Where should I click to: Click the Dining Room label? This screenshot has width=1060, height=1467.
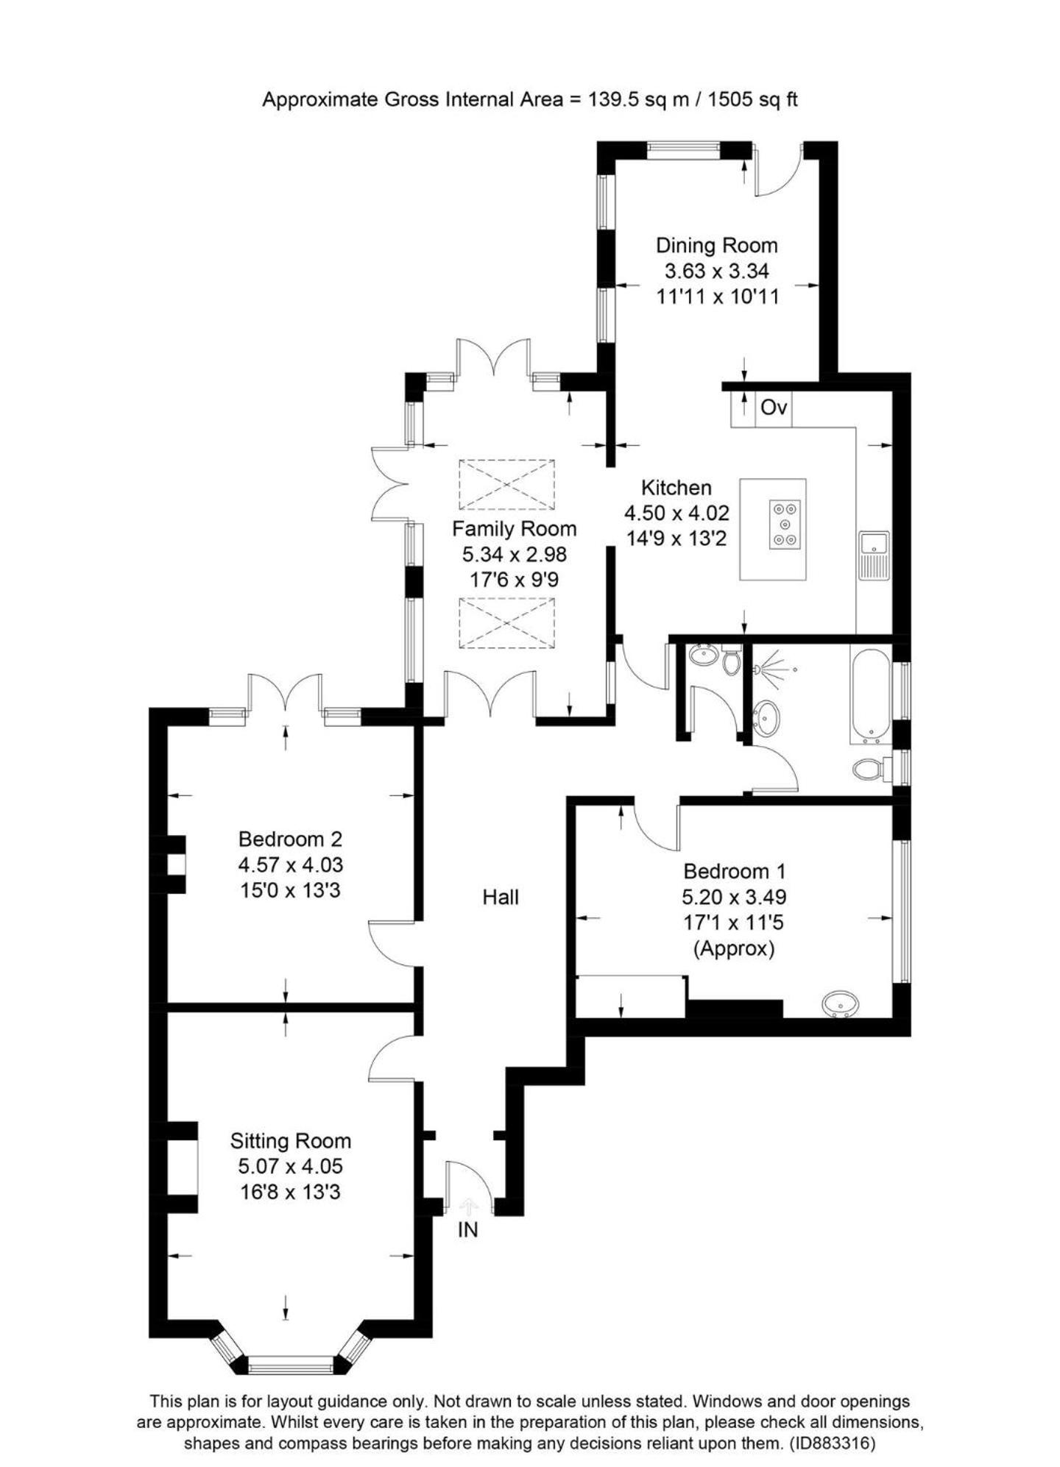[x=716, y=245]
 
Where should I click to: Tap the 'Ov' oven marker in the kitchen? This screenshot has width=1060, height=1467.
[x=773, y=407]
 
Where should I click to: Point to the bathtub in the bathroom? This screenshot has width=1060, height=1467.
[x=871, y=692]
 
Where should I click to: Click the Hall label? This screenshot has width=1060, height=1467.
[x=501, y=897]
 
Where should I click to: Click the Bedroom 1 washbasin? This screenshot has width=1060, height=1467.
[x=840, y=1004]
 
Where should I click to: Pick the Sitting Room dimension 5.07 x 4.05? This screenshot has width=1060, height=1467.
[x=290, y=1166]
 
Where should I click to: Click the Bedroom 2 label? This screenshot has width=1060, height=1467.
[x=290, y=839]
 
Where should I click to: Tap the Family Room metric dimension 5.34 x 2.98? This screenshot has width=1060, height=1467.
[x=514, y=554]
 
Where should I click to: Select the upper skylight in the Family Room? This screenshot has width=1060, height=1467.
[x=506, y=484]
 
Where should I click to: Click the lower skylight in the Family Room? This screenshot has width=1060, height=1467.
[x=506, y=623]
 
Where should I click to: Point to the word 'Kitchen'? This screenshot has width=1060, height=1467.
[x=676, y=488]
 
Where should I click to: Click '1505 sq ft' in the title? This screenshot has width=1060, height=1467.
[x=752, y=99]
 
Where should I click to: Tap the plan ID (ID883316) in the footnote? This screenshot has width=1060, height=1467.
[x=832, y=1443]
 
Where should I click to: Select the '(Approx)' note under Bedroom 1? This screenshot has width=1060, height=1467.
[x=734, y=948]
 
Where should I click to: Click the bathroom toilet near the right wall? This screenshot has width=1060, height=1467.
[x=869, y=770]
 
